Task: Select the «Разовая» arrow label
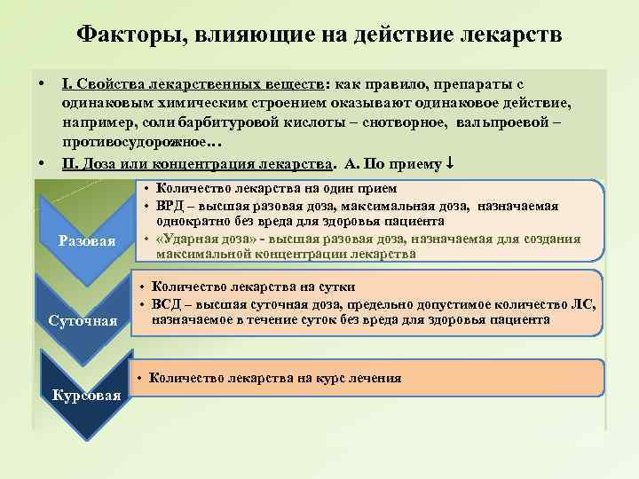86,240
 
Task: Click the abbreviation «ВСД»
167,303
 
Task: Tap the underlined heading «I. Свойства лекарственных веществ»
193,83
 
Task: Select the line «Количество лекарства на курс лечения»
276,378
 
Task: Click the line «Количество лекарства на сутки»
253,287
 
